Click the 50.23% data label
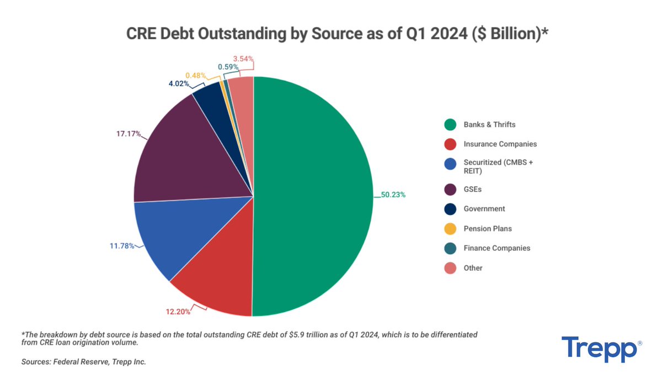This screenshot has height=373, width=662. tap(393, 195)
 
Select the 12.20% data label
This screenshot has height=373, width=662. tap(178, 312)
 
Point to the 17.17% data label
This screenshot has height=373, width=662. tap(128, 134)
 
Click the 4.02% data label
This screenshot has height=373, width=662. tap(178, 84)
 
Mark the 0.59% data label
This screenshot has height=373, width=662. tap(228, 67)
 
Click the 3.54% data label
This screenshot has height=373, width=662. tap(243, 58)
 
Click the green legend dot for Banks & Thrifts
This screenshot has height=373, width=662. tap(450, 124)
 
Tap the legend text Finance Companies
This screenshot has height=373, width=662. tap(497, 248)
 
